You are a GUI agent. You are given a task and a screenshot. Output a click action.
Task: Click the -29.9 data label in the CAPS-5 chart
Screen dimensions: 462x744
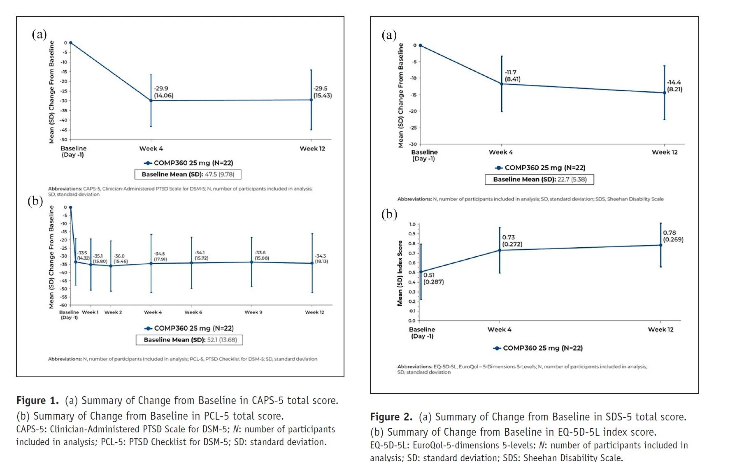coord(161,88)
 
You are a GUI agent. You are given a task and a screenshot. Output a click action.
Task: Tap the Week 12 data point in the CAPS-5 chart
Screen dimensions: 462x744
coord(311,100)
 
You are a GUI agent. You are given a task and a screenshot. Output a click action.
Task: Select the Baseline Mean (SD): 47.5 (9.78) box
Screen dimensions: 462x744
coord(188,174)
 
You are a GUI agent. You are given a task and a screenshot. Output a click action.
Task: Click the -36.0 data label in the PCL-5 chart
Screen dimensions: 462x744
coord(119,256)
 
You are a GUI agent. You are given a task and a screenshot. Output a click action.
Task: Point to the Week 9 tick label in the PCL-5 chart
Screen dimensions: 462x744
coord(253,312)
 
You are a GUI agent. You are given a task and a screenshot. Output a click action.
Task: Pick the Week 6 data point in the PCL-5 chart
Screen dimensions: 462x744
coord(191,263)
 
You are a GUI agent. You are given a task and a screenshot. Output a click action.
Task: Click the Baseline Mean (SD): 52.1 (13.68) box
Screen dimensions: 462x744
coord(189,340)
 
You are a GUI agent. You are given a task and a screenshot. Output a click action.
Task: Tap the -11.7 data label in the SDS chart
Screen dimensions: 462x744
coord(511,72)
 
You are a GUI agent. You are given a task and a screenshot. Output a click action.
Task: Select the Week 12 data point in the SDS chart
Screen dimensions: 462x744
coord(664,93)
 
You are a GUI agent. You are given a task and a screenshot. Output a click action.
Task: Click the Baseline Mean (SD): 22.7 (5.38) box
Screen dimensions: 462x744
coord(539,179)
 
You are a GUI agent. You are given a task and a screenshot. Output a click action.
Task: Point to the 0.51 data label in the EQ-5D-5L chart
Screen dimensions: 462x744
coord(429,275)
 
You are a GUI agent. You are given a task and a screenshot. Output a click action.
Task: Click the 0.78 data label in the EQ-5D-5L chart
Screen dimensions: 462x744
coord(670,233)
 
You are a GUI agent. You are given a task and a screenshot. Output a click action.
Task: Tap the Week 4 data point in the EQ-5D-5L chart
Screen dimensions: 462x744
coord(500,250)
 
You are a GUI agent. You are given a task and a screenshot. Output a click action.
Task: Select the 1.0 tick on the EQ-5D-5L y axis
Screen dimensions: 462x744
coord(412,224)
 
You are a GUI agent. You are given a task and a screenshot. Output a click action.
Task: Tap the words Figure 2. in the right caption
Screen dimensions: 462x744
coord(391,417)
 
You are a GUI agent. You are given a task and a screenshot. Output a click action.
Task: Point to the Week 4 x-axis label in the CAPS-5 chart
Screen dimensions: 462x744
coord(151,149)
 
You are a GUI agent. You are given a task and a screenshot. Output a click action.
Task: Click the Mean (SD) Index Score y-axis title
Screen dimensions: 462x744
coord(400,274)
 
